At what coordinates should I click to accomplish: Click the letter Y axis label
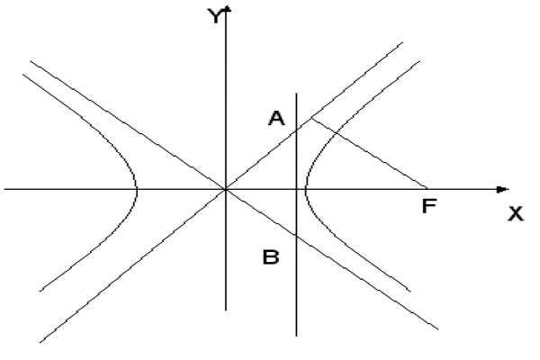(214, 16)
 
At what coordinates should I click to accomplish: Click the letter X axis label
(516, 213)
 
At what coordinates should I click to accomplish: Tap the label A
(276, 118)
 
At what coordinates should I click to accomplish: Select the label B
(271, 257)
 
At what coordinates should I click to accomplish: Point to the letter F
(429, 206)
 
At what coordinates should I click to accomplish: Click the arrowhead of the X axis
(502, 190)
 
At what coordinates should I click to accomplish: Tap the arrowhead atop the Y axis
(227, 9)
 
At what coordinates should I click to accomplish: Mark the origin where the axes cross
(226, 189)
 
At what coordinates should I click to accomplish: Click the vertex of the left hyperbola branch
(137, 189)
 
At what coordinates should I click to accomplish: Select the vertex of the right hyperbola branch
(305, 189)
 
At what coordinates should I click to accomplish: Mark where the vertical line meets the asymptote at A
(296, 130)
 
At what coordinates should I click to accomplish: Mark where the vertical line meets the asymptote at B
(296, 236)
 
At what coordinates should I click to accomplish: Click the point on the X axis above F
(427, 189)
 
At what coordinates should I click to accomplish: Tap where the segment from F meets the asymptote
(311, 118)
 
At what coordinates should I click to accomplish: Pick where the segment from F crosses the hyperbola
(337, 133)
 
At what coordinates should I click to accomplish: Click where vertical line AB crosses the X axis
(296, 189)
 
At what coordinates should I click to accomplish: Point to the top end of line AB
(296, 93)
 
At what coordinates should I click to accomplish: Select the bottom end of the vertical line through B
(296, 336)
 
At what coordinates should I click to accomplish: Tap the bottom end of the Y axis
(226, 310)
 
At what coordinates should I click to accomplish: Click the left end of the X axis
(4, 189)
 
